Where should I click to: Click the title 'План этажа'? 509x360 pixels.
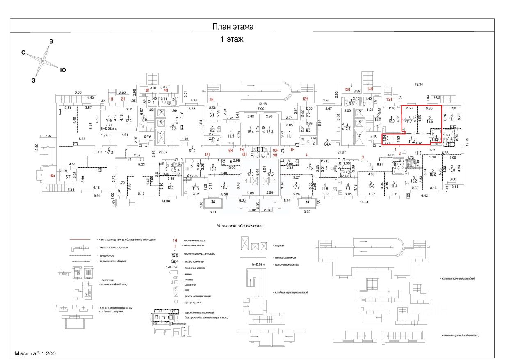coord(233,27)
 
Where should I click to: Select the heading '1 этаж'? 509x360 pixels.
coord(233,40)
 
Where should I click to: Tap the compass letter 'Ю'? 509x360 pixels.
coord(63,70)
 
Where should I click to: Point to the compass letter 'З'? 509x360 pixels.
coord(34,80)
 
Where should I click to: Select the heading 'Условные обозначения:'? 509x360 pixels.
coord(240,226)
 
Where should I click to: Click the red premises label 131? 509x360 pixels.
coord(208,155)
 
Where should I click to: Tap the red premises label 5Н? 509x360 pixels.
coord(211,99)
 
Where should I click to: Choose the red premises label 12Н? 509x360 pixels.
coord(305,99)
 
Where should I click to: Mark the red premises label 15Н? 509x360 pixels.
coord(389,99)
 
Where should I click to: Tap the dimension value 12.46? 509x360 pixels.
coord(262,103)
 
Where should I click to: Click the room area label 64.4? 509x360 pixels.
coord(327,144)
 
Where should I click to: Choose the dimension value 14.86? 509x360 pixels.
coord(166,201)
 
